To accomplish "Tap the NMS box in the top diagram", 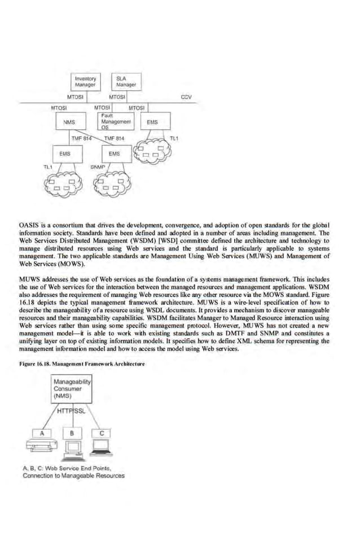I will (x=68, y=121).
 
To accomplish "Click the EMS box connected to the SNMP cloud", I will (x=115, y=153).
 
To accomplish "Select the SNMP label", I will (x=98, y=168).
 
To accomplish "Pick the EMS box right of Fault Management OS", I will (x=152, y=121).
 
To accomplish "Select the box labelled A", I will (x=41, y=433).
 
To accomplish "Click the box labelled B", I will (x=72, y=433).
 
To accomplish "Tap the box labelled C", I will (x=102, y=433).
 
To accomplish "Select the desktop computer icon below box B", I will (x=72, y=449).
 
